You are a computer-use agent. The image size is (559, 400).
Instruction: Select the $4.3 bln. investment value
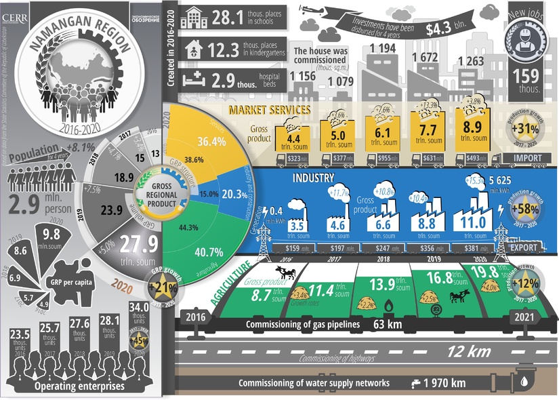tap(446, 29)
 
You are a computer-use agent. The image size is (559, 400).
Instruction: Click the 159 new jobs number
tap(526, 76)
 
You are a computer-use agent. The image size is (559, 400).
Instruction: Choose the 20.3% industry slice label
tap(236, 194)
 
